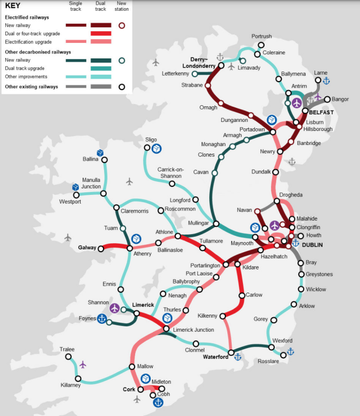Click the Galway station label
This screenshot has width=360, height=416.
click(86, 248)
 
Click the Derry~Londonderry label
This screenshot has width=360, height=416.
click(203, 62)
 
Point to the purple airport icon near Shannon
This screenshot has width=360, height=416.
click(114, 308)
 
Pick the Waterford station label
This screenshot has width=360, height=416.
click(216, 357)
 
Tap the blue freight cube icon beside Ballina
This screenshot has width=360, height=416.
click(99, 153)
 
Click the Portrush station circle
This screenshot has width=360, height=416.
click(261, 45)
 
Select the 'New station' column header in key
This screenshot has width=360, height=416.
click(122, 6)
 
